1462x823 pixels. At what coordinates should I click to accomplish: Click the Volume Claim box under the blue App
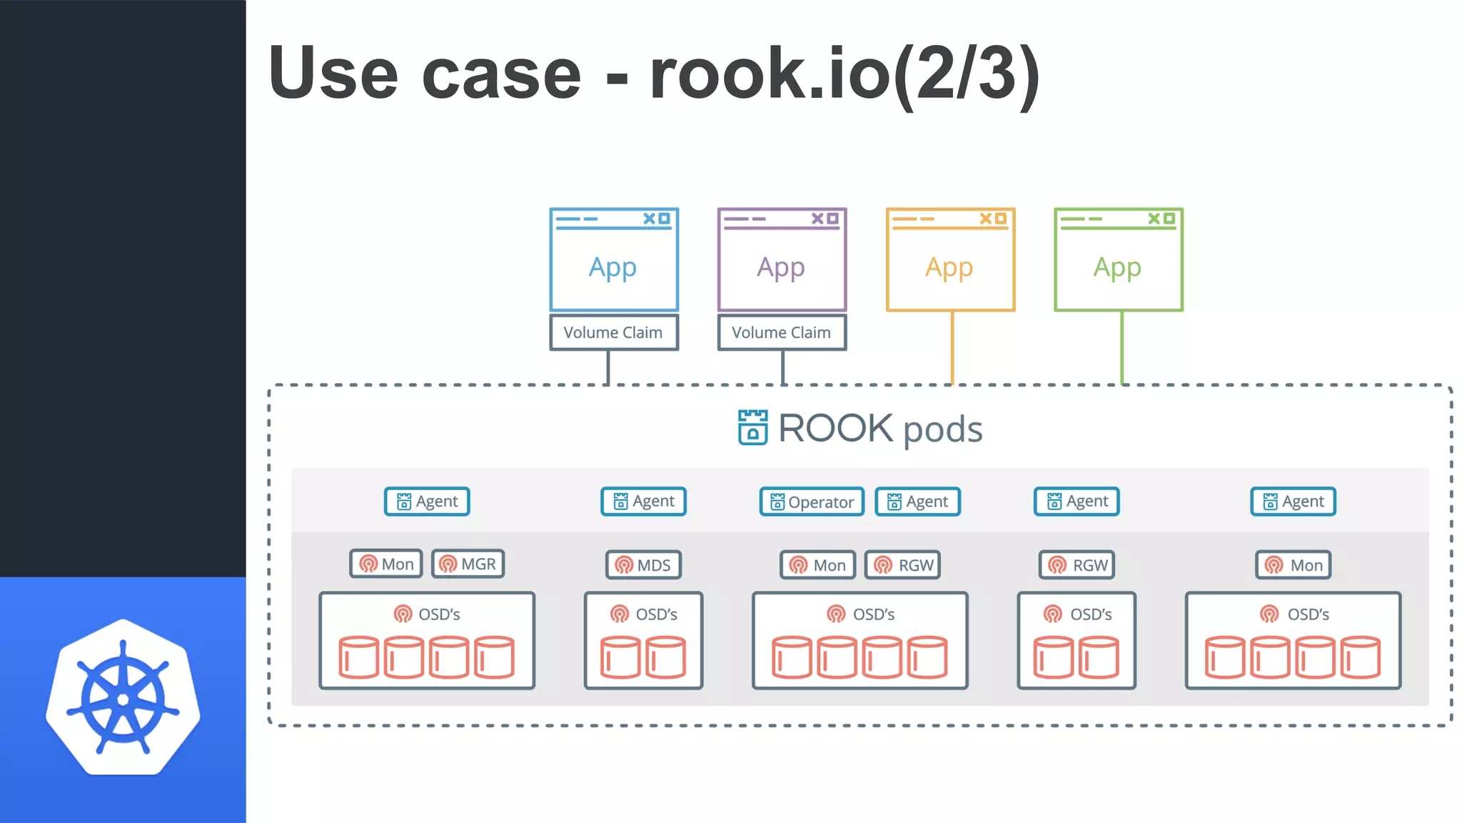[613, 332]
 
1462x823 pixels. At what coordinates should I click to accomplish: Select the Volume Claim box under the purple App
[782, 332]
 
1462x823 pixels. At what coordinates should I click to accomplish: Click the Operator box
[812, 502]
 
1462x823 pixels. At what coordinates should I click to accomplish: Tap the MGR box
[468, 564]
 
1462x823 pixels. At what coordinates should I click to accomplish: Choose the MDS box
[643, 564]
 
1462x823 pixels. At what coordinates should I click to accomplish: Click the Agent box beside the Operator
[917, 502]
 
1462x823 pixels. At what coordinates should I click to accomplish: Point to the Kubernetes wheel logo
[123, 697]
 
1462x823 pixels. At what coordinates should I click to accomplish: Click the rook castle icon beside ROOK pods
[752, 427]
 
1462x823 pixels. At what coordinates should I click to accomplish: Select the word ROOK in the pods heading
[835, 428]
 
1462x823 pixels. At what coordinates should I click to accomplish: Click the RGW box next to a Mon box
[903, 564]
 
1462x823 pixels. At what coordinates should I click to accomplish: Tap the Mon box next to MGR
[386, 564]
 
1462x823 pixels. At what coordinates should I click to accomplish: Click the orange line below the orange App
[952, 349]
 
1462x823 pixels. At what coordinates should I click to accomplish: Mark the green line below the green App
[1121, 349]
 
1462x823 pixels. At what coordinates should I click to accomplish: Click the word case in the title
[501, 74]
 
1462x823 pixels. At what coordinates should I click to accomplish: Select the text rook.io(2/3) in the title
[845, 74]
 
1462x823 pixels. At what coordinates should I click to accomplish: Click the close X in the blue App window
[649, 219]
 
